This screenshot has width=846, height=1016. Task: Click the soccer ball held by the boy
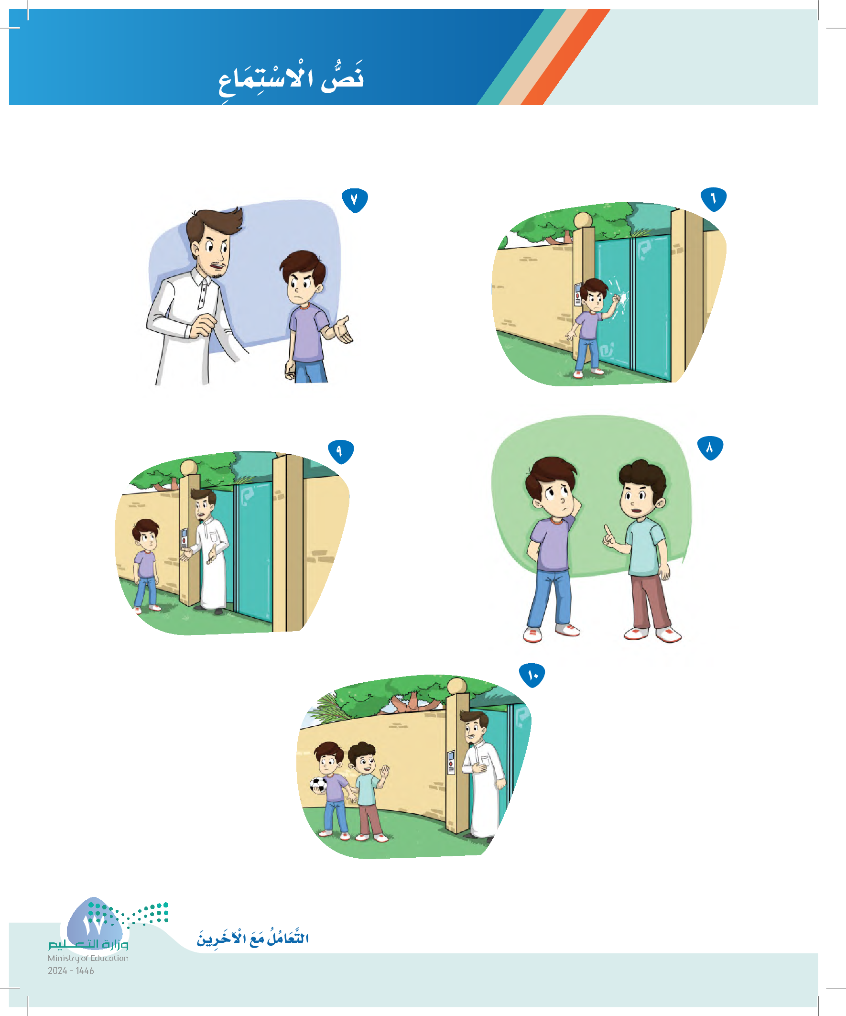click(318, 785)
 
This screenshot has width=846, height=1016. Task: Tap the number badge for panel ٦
click(714, 199)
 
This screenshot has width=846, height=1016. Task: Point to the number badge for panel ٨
click(710, 448)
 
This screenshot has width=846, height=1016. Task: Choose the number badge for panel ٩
click(341, 452)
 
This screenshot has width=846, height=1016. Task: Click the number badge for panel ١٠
click(532, 676)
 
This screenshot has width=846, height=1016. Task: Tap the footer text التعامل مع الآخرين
click(252, 938)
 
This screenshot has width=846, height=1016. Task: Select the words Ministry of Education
click(88, 958)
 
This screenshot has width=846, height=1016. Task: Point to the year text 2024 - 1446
click(71, 971)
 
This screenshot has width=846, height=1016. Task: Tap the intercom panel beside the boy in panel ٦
click(577, 294)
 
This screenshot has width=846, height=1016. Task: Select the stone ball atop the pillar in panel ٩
click(189, 469)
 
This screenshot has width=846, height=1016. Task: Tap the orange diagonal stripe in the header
click(566, 57)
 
